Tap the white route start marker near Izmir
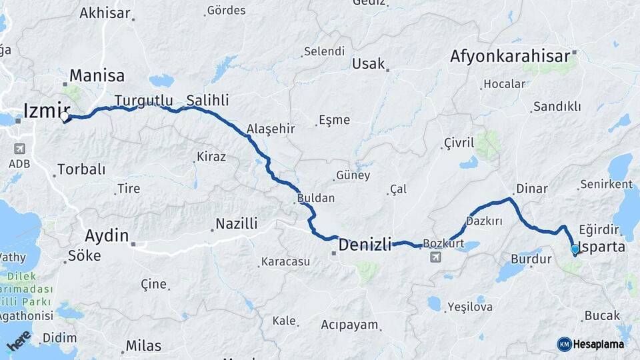tap(65, 118)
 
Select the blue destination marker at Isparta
tap(575, 250)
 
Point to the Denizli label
tap(365, 245)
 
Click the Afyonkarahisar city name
tap(511, 56)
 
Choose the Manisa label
tap(97, 75)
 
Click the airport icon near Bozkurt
tap(435, 257)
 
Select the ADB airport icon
tap(19, 148)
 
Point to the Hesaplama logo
tap(591, 344)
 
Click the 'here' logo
tap(19, 340)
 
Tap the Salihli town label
tap(207, 100)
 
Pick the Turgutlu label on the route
tap(143, 101)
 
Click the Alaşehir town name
tap(271, 129)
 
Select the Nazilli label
tap(237, 224)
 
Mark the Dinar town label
tap(531, 189)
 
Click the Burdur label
tap(531, 258)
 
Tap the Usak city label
tap(369, 64)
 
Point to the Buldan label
tap(316, 198)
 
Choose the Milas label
tap(143, 346)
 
